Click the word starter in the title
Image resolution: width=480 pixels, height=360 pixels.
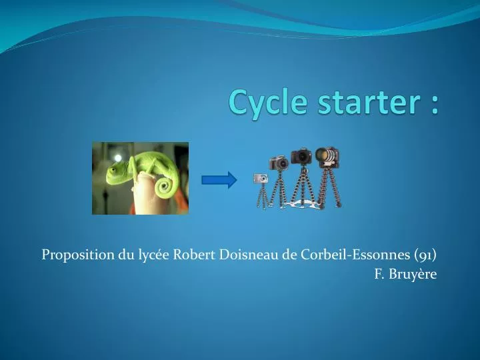[369, 102]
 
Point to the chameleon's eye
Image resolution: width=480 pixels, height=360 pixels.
[113, 169]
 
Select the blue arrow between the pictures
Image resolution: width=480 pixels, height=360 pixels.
[219, 180]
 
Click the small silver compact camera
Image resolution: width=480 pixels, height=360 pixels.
[261, 178]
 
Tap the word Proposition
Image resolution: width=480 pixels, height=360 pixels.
[78, 255]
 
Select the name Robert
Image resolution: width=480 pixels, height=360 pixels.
[195, 255]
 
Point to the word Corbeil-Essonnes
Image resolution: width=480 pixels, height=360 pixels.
[355, 255]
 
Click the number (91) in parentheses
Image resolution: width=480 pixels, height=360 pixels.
[425, 255]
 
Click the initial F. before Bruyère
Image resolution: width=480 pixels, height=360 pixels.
[379, 274]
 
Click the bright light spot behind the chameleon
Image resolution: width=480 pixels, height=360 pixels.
[117, 158]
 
